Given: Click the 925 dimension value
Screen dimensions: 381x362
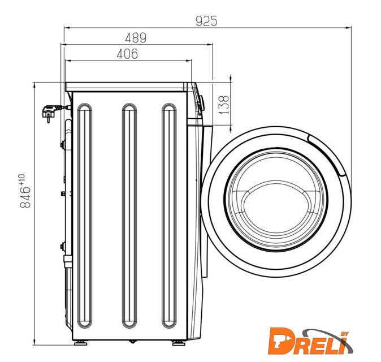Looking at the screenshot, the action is (x=206, y=21).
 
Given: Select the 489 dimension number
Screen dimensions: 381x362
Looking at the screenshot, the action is (x=136, y=38).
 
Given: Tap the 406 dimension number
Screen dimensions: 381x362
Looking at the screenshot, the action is (x=127, y=54).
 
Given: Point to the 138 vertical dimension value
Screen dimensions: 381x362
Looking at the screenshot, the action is (x=224, y=105).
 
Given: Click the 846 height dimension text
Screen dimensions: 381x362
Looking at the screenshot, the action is (x=25, y=197).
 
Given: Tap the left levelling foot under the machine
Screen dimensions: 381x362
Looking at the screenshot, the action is (x=81, y=343).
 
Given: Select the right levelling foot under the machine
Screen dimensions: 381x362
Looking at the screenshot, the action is (x=179, y=343).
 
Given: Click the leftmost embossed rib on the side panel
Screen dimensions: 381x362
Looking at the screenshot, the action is (x=85, y=216).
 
